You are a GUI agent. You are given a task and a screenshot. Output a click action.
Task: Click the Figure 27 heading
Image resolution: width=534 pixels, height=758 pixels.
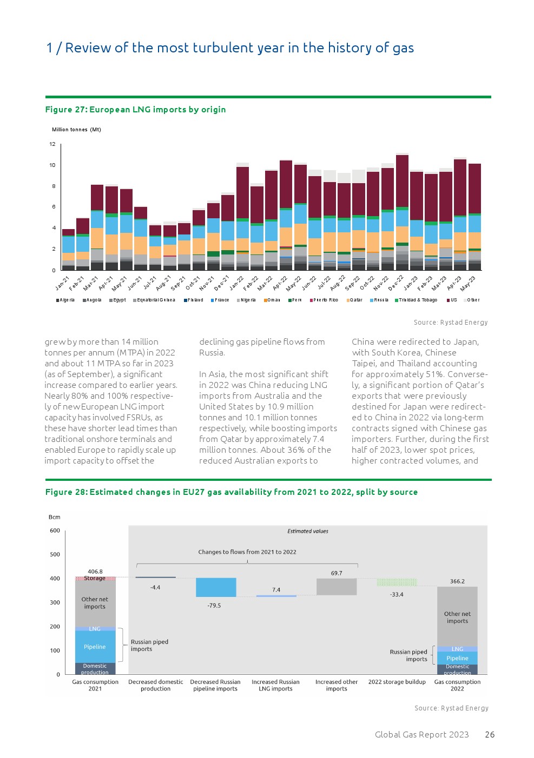[x=135, y=110]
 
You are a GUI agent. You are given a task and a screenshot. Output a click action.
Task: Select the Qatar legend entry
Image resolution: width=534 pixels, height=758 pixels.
[x=355, y=300]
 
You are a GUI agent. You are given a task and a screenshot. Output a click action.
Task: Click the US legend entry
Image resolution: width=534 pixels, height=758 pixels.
[x=452, y=300]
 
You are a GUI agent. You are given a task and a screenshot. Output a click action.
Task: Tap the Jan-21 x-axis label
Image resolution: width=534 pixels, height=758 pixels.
[x=63, y=283]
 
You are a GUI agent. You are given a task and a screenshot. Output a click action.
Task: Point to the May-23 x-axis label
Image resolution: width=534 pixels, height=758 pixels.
[x=467, y=283]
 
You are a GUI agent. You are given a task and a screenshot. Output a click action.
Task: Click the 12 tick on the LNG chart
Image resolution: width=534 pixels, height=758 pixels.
[x=52, y=144]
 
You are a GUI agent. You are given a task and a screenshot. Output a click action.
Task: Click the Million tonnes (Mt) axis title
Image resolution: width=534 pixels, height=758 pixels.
[x=76, y=130]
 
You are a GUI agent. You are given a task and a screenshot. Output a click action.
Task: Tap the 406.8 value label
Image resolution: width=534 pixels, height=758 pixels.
[x=95, y=572]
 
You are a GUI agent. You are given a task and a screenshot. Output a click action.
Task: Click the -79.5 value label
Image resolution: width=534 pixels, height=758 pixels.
[x=214, y=606]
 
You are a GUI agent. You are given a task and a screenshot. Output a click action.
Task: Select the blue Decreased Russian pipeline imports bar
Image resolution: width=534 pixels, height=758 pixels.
[x=216, y=587]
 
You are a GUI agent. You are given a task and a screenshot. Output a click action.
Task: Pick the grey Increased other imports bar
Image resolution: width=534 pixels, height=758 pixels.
[x=337, y=587]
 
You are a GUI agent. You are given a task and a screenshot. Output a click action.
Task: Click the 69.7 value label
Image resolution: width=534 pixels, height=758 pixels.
[x=337, y=573]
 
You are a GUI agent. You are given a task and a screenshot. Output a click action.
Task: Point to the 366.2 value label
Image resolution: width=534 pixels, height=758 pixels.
[x=457, y=581]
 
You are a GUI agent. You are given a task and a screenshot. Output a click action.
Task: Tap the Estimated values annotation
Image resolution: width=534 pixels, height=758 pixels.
[x=308, y=531]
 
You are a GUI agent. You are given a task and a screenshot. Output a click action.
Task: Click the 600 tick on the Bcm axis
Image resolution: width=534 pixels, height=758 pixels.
[x=55, y=531]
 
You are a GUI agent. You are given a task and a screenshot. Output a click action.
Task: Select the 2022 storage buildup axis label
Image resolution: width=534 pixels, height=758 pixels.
[x=397, y=682]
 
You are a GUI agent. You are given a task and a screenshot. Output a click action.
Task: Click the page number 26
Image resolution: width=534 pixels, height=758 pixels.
[x=490, y=734]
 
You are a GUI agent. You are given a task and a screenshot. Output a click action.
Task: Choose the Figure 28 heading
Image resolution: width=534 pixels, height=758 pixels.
[x=231, y=492]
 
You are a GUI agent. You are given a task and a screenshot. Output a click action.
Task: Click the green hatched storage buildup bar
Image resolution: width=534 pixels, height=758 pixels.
[x=397, y=582]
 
